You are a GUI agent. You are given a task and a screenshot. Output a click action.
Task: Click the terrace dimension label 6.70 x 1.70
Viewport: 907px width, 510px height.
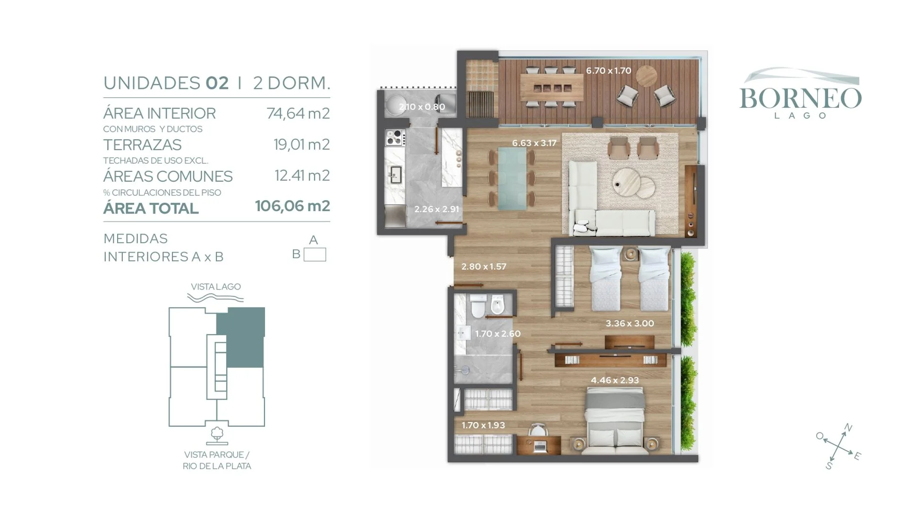click(x=608, y=71)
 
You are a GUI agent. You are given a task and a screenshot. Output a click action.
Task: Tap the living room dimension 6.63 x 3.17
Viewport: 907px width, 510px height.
click(x=534, y=143)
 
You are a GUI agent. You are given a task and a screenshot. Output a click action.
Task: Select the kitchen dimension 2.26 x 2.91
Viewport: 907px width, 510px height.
click(x=436, y=209)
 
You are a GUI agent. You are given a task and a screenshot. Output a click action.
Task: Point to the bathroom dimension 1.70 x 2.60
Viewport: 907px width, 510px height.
click(x=497, y=334)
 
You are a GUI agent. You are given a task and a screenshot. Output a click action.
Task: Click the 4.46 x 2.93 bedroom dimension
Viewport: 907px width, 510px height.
click(x=615, y=380)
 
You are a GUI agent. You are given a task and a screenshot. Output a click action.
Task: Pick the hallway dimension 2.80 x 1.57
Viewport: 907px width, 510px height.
click(x=484, y=267)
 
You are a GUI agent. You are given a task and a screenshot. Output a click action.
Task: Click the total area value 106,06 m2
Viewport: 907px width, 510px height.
click(x=292, y=206)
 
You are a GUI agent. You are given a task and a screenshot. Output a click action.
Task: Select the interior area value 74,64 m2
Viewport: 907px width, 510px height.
click(x=298, y=113)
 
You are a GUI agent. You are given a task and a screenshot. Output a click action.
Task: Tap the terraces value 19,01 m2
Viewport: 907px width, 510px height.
click(x=301, y=144)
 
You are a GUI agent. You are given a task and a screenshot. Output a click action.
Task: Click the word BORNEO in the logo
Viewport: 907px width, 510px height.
click(x=800, y=98)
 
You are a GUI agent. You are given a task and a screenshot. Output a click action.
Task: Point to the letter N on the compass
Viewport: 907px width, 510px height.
click(x=848, y=428)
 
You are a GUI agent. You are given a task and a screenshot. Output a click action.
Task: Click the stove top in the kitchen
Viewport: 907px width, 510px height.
click(x=394, y=137)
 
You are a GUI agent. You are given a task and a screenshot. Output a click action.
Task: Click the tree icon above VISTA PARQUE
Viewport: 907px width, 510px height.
click(x=217, y=435)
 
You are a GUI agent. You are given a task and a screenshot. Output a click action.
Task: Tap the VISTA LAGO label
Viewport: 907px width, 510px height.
click(x=216, y=287)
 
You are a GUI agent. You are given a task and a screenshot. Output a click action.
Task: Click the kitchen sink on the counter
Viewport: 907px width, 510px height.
click(x=395, y=175)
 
